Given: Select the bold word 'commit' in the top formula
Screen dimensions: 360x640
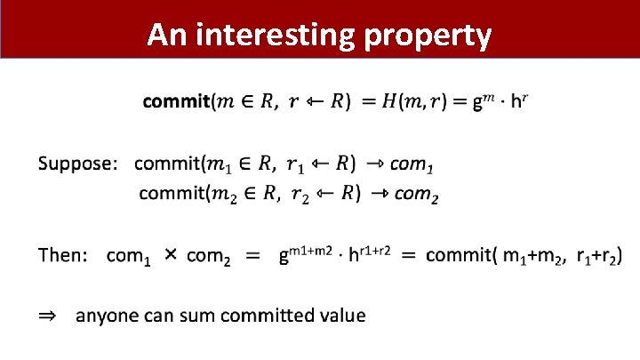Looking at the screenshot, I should pos(175,102).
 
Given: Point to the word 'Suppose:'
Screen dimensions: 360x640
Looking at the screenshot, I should pos(77,164).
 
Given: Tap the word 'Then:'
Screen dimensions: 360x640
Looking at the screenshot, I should pos(62,256).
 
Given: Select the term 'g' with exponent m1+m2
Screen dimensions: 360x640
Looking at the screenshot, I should pos(284,258).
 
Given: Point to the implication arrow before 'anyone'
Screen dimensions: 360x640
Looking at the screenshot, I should pos(46,316).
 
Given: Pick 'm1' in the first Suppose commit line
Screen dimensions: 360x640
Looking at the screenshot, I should pos(219,165).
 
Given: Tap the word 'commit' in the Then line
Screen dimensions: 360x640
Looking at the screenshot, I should pos(460,256).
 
